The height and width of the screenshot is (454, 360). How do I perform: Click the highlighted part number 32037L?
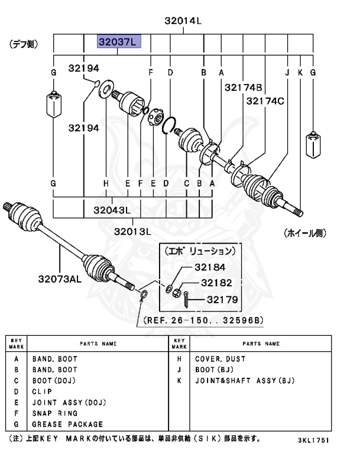click(118, 42)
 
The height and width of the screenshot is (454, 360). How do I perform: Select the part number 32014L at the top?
click(183, 21)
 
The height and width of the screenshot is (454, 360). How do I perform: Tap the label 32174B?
click(243, 87)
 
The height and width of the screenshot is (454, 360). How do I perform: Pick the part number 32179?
click(222, 300)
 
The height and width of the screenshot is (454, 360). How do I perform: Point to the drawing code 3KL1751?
click(313, 441)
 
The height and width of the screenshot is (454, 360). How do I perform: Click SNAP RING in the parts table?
click(55, 413)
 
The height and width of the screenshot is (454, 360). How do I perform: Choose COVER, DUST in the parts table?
click(220, 359)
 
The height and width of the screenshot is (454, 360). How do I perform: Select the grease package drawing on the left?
click(53, 105)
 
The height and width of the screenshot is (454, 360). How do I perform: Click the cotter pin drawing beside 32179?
click(186, 300)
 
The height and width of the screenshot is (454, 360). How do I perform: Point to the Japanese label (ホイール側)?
click(304, 233)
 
